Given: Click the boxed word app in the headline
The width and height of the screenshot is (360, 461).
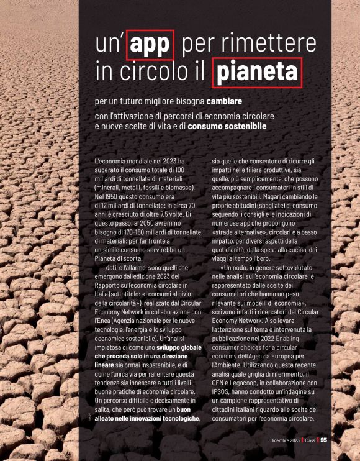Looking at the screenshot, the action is coord(150,45).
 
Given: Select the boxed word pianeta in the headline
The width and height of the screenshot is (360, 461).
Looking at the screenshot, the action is coord(256,73).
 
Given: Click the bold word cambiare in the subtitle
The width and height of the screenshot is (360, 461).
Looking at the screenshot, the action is coord(224,101).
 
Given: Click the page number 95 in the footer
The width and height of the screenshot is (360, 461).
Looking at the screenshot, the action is coord(323,440).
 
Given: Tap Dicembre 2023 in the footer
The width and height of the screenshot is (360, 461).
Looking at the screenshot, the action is coord(285,440).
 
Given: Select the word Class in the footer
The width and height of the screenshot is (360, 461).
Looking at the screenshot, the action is coord(310,440).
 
